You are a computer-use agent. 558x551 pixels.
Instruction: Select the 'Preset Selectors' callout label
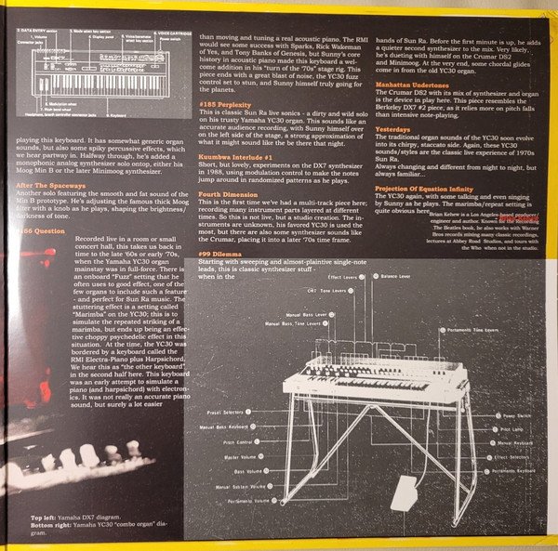[x=225, y=412]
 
